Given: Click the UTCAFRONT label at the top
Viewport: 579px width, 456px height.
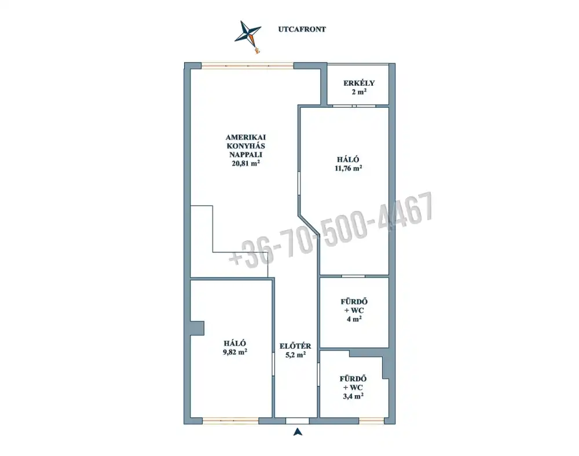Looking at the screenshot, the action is click(x=302, y=29).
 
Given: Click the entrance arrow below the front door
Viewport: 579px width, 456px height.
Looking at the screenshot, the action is click(x=298, y=432).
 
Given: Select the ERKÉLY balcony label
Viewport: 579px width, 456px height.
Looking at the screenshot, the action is click(x=359, y=83).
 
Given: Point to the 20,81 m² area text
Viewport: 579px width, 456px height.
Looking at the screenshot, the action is click(x=246, y=163).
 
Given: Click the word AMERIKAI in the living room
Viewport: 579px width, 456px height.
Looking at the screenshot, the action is click(x=246, y=137).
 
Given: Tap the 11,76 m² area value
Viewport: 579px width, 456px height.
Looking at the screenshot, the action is click(x=348, y=168).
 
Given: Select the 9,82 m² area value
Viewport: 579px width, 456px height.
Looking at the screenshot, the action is click(x=235, y=352).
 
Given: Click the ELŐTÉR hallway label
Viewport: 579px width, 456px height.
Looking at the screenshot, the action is click(x=295, y=346).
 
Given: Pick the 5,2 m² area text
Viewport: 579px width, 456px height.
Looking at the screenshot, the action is click(x=295, y=355).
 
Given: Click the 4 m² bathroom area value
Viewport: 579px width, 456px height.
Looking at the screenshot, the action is click(x=354, y=319).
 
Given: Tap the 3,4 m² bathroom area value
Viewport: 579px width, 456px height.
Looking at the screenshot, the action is click(x=353, y=396).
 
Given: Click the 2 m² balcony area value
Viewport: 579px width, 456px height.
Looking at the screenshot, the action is click(x=359, y=92).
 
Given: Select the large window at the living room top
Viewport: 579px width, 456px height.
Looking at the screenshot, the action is click(x=247, y=66).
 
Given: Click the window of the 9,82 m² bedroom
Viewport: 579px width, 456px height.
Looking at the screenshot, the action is click(x=230, y=421).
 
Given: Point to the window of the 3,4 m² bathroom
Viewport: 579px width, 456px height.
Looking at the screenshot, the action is click(x=372, y=421).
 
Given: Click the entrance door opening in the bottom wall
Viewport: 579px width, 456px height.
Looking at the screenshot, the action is click(x=298, y=421).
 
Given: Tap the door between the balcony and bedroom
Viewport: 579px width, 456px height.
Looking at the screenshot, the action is click(x=354, y=106).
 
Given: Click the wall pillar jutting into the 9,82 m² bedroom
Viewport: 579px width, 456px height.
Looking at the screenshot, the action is click(x=197, y=328).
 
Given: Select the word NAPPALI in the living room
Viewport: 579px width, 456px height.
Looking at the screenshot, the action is click(x=246, y=155).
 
